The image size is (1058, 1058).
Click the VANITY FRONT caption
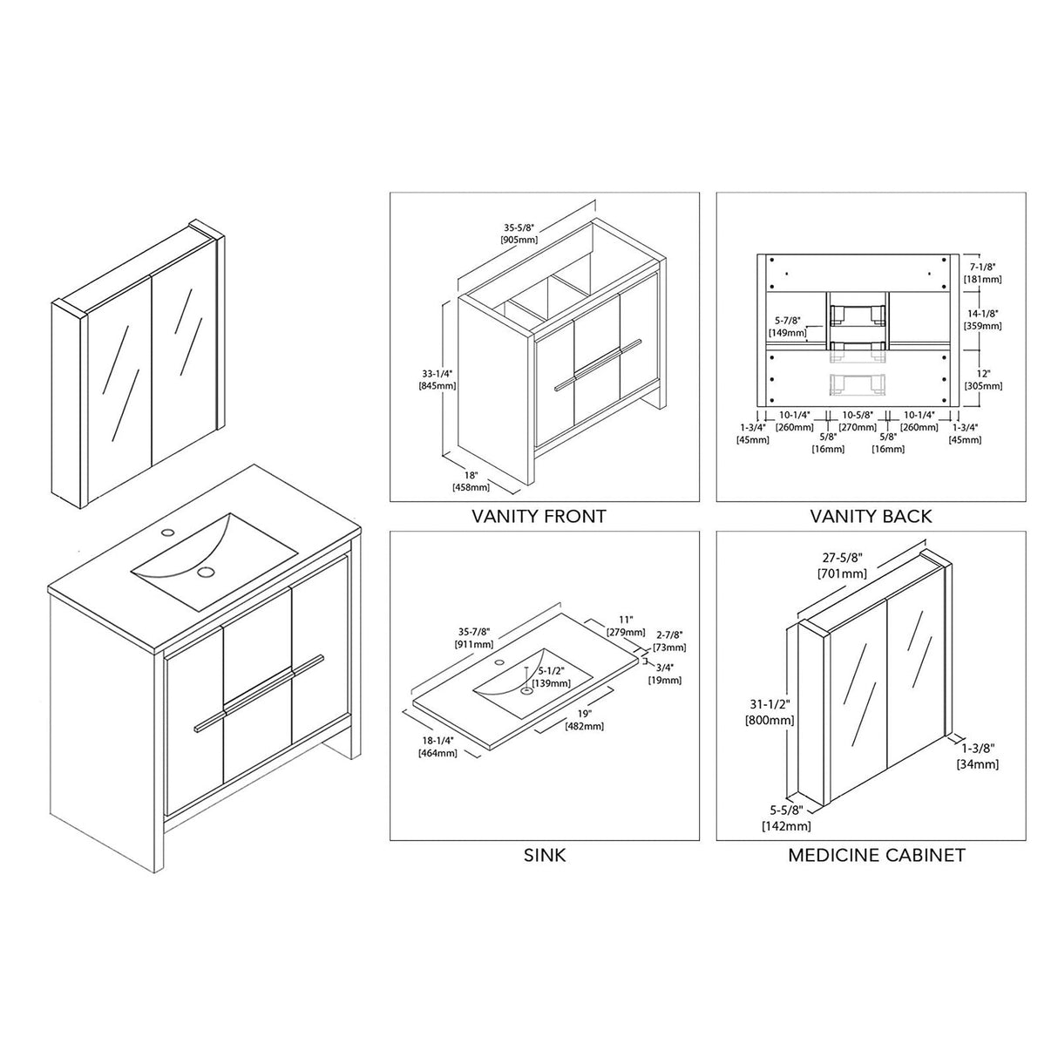pyautogui.click(x=539, y=516)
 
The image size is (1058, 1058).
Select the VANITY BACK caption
pyautogui.click(x=871, y=516)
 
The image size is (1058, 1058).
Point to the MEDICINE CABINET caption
pyautogui.click(x=876, y=855)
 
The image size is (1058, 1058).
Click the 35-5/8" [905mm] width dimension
pyautogui.click(x=519, y=234)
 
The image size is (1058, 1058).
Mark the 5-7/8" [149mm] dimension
pyautogui.click(x=787, y=326)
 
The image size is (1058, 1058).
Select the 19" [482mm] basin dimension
pyautogui.click(x=584, y=720)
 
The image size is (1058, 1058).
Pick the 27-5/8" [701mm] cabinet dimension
pyautogui.click(x=842, y=566)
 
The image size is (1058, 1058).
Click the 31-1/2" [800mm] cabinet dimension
pyautogui.click(x=770, y=714)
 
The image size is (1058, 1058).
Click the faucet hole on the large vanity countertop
pyautogui.click(x=167, y=531)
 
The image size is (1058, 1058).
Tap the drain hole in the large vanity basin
pyautogui.click(x=207, y=572)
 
